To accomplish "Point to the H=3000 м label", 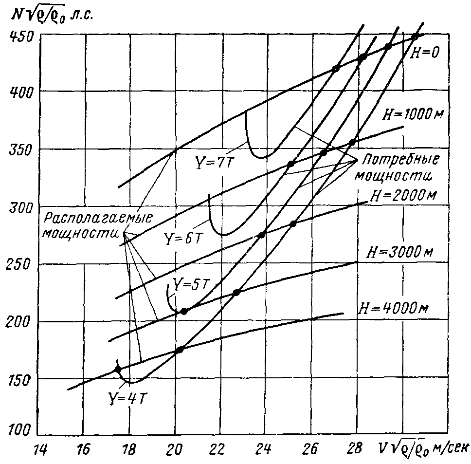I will point(399,253).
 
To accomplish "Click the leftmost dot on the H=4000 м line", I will point(117,369).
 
